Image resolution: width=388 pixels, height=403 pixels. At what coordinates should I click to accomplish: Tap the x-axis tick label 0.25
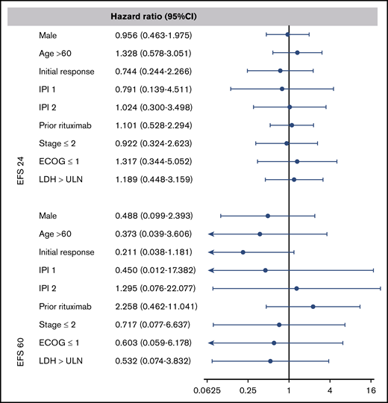click(248, 390)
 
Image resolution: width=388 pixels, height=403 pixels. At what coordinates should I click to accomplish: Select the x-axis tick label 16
click(371, 390)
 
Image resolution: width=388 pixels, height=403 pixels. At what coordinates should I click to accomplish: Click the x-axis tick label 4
click(330, 390)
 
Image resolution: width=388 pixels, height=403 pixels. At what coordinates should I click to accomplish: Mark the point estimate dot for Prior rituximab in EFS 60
click(313, 306)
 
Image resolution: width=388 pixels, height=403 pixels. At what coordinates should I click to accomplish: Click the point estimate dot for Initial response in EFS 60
click(243, 252)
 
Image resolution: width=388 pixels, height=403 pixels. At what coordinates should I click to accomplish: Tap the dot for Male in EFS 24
click(287, 34)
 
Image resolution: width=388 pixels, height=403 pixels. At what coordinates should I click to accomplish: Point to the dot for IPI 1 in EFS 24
click(282, 89)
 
